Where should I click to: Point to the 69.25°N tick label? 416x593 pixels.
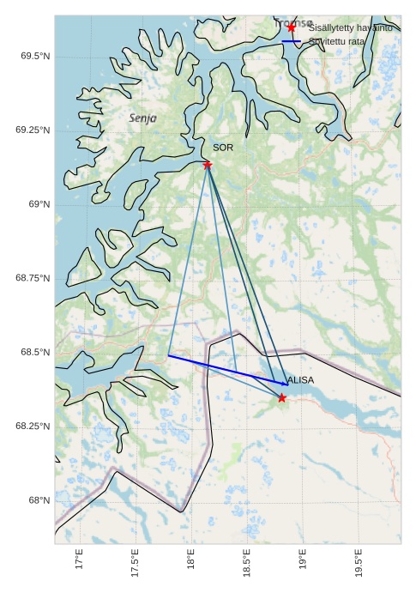[33, 130]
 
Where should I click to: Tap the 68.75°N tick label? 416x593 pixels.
[33, 278]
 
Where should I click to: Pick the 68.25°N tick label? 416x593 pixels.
[33, 427]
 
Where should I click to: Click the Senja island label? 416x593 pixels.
[142, 118]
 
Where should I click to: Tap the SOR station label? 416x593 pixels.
[223, 148]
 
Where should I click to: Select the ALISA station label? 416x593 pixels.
[300, 379]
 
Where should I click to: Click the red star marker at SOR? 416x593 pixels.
[208, 165]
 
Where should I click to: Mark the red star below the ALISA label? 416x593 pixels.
[282, 397]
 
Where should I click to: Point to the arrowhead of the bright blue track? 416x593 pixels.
[286, 383]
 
